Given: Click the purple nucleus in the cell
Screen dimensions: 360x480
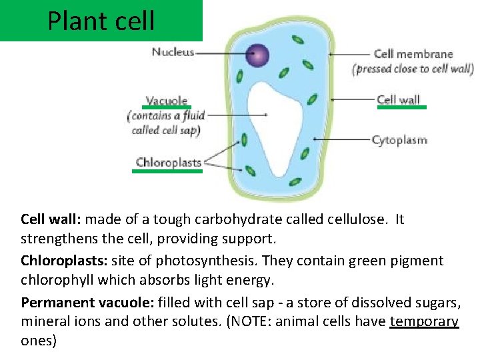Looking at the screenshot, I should pyautogui.click(x=257, y=55).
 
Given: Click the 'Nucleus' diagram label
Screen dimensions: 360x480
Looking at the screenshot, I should pyautogui.click(x=173, y=52).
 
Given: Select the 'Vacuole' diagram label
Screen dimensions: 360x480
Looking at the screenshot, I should pyautogui.click(x=167, y=101).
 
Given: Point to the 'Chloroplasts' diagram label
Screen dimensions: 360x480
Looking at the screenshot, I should pyautogui.click(x=168, y=162).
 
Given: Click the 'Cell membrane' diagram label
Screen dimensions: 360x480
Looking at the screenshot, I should pyautogui.click(x=413, y=54).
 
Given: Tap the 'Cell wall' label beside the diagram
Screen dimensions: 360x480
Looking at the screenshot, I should pyautogui.click(x=398, y=100).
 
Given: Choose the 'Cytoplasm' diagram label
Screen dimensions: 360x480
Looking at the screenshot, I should pyautogui.click(x=399, y=140).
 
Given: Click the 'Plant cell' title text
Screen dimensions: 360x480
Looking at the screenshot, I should pyautogui.click(x=101, y=21).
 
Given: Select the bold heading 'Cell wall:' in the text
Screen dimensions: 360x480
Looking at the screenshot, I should pyautogui.click(x=51, y=219).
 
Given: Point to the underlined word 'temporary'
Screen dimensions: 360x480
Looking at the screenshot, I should pyautogui.click(x=424, y=321).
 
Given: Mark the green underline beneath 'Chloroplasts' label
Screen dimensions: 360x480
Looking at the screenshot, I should pyautogui.click(x=167, y=171).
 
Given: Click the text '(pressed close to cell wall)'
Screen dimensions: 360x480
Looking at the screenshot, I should pyautogui.click(x=413, y=69).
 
